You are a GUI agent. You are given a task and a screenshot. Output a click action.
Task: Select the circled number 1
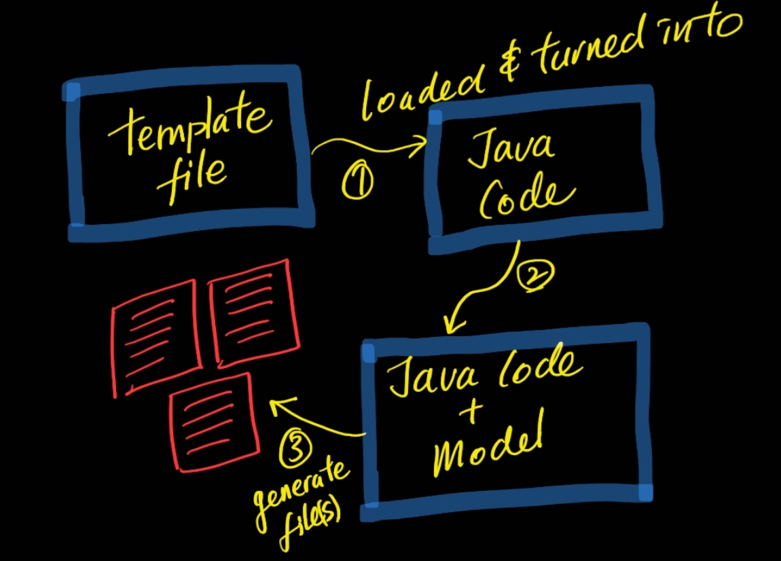click(x=357, y=183)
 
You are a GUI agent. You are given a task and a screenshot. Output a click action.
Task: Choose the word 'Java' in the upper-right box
click(x=509, y=148)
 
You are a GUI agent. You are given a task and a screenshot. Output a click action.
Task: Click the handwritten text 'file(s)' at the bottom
click(x=306, y=524)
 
